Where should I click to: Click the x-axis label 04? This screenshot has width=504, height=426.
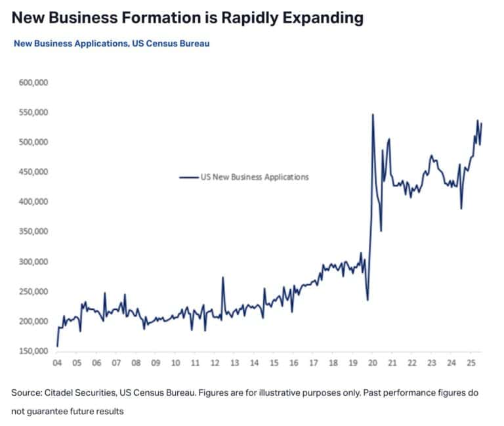click(x=57, y=363)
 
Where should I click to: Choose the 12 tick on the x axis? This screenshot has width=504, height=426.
click(x=215, y=363)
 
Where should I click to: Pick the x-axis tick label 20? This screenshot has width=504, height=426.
click(x=373, y=363)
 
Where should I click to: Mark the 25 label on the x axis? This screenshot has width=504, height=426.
click(x=471, y=363)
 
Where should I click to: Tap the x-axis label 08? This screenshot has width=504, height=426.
click(x=136, y=363)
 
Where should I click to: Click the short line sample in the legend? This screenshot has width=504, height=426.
click(x=189, y=177)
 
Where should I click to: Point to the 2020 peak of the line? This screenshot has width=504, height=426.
click(x=373, y=114)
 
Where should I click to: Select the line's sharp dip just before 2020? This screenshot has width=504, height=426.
click(x=367, y=300)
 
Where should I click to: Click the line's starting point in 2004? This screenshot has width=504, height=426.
click(x=57, y=346)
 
